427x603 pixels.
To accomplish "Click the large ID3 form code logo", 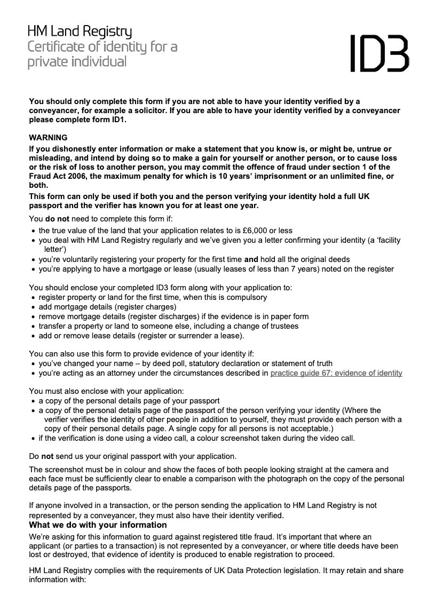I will tap(379, 53).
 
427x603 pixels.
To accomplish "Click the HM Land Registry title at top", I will tap(80, 33).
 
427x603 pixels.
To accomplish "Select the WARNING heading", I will tap(48, 137).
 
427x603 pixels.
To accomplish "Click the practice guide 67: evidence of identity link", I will tap(336, 373).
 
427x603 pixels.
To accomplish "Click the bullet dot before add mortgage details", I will tap(34, 307).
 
